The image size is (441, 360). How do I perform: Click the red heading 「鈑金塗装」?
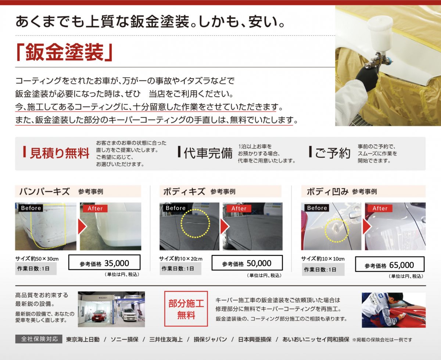pos(64,52)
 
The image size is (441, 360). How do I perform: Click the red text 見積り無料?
pos(60,153)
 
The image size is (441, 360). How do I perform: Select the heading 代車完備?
pos(208,153)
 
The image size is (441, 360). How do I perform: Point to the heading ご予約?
pos(333,153)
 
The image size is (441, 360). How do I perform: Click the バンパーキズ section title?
pos(44,192)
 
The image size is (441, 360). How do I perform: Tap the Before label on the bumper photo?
pos(31,208)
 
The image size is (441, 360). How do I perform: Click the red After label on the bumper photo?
pos(95,208)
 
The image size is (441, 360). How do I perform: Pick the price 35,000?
pos(116,263)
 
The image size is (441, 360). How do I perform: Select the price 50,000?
pos(259,263)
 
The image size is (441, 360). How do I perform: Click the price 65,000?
pos(401,265)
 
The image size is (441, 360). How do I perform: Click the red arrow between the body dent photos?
pos(366,227)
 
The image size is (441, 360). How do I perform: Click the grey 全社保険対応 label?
pos(39,339)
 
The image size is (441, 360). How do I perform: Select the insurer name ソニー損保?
pos(125,339)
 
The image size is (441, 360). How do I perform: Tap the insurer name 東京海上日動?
pos(83,339)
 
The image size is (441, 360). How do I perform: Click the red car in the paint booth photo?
pos(98,316)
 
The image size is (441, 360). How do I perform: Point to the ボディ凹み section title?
pos(328,192)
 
